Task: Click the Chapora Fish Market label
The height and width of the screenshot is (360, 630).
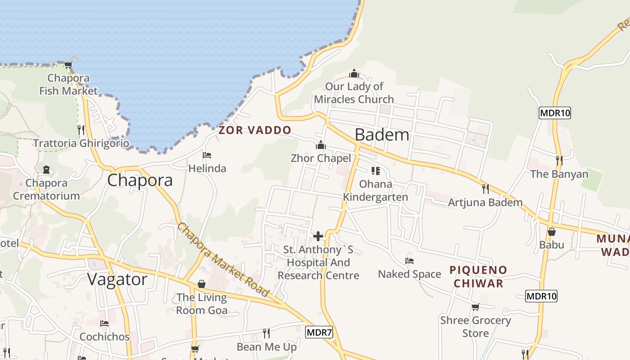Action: pos(68,85)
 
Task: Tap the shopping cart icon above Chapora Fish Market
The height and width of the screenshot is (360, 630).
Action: pos(68,65)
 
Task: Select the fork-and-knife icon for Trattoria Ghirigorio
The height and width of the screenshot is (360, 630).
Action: pos(81,130)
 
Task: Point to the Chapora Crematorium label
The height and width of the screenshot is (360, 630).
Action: pos(46,189)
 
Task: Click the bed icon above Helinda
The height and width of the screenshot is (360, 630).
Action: pos(207,155)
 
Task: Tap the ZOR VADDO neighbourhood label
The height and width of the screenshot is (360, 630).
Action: pos(255,130)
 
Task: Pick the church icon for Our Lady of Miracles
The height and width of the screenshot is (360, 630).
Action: pos(354,73)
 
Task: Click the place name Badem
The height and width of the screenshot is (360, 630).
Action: pos(382,135)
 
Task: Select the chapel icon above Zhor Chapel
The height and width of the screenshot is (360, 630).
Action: pos(321,145)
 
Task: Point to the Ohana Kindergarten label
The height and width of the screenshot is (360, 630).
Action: pos(376,190)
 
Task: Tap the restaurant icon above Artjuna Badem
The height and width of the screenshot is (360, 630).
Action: pos(485,189)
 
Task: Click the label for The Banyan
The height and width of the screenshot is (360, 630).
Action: pos(559,174)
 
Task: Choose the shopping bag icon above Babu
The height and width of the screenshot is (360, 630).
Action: pos(552,232)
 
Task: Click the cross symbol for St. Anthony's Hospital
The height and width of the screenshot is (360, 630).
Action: pos(318,236)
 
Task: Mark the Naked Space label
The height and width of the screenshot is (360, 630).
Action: pos(409,274)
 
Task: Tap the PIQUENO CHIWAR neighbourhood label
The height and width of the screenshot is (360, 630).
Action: pos(478,276)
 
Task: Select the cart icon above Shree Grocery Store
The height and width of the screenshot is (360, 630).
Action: pos(476,307)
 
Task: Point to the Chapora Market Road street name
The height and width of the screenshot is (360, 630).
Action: pos(223,260)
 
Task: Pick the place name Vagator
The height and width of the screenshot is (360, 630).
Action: pos(117,279)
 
